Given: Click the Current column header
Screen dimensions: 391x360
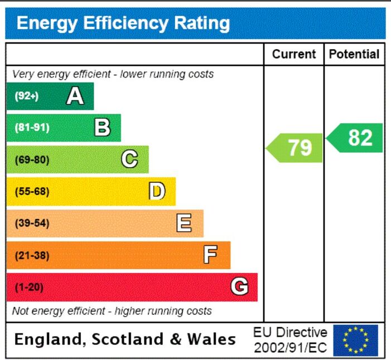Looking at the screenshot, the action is tap(294, 54).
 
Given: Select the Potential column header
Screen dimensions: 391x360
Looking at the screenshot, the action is tap(354, 54).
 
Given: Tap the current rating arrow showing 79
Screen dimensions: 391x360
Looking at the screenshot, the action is tap(295, 148).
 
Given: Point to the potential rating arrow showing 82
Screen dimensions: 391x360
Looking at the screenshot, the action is tap(354, 138).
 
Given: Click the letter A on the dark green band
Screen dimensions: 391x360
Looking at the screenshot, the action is tap(75, 96).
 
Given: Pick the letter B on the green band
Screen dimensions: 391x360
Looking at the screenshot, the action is tap(102, 127).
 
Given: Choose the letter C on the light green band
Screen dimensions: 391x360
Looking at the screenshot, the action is tap(129, 159).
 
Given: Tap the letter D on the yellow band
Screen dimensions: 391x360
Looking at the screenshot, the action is tap(157, 191).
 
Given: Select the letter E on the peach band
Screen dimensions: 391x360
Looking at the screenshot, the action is tap(184, 223).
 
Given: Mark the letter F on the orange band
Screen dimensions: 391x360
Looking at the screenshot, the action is tap(210, 255).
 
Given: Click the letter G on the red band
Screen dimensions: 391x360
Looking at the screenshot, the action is tap(239, 286).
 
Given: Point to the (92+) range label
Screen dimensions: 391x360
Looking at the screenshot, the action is tap(27, 96).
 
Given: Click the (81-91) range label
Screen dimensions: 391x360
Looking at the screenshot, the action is tap(32, 128).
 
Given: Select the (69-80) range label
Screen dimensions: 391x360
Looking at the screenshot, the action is tap(32, 159).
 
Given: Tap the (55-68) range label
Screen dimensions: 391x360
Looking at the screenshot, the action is tap(32, 191).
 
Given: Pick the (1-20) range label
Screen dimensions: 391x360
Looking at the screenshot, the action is tap(29, 287).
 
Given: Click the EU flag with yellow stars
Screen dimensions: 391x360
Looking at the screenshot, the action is tap(356, 340).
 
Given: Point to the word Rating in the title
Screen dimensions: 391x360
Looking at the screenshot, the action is tap(202, 23).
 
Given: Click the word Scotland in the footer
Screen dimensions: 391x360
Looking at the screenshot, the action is tap(128, 339).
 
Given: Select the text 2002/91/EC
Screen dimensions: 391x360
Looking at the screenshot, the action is tap(290, 348).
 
